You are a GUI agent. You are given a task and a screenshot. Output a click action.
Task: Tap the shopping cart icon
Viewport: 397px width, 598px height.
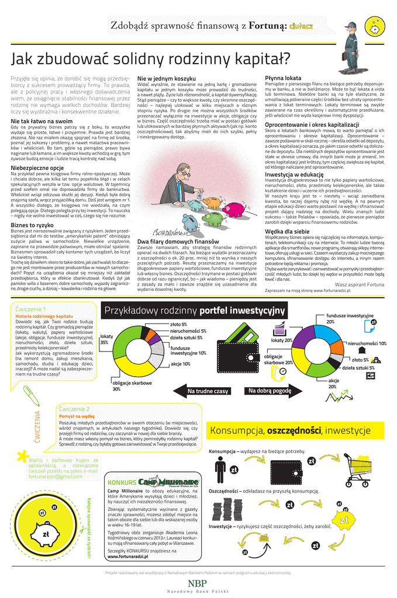366,465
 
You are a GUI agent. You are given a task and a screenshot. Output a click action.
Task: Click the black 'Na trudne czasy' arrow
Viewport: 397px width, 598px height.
208,391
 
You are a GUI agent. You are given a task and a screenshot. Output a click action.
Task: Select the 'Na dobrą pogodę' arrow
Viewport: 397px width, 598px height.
270,390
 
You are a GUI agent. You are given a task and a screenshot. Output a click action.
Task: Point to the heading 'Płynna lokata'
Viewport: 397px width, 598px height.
283,78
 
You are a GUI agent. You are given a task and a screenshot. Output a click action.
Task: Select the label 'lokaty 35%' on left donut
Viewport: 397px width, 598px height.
107,339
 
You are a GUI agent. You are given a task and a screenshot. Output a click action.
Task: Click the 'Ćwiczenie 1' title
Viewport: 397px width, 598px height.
32,308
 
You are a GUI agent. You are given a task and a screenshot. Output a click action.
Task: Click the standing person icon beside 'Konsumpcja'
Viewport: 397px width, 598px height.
220,468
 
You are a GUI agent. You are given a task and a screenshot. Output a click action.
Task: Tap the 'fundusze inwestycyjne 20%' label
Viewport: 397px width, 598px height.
350,318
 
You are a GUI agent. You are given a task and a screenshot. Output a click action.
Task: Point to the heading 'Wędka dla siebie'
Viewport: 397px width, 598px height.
287,231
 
